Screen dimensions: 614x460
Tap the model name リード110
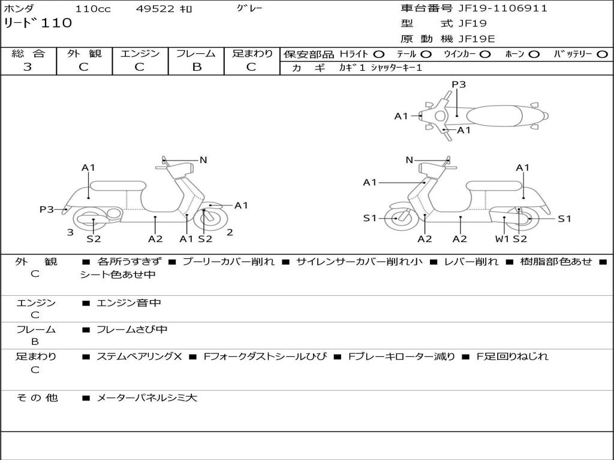pyautogui.click(x=38, y=23)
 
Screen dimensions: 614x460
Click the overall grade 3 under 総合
pyautogui.click(x=28, y=67)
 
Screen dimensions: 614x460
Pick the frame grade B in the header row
pyautogui.click(x=196, y=67)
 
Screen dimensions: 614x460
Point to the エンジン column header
pyautogui.click(x=140, y=53)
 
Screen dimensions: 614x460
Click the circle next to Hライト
pyautogui.click(x=378, y=54)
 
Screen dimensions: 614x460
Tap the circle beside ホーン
pyautogui.click(x=534, y=54)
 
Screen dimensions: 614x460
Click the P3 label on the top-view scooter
pyautogui.click(x=459, y=84)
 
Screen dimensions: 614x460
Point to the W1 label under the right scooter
pyautogui.click(x=502, y=239)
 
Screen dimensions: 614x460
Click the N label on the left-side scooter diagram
pyautogui.click(x=203, y=160)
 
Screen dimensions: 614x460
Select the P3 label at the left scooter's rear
pyautogui.click(x=47, y=210)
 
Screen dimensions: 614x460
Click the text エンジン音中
pyautogui.click(x=129, y=303)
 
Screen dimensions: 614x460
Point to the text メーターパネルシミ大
pyautogui.click(x=147, y=397)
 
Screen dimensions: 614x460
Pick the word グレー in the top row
pyautogui.click(x=249, y=8)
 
